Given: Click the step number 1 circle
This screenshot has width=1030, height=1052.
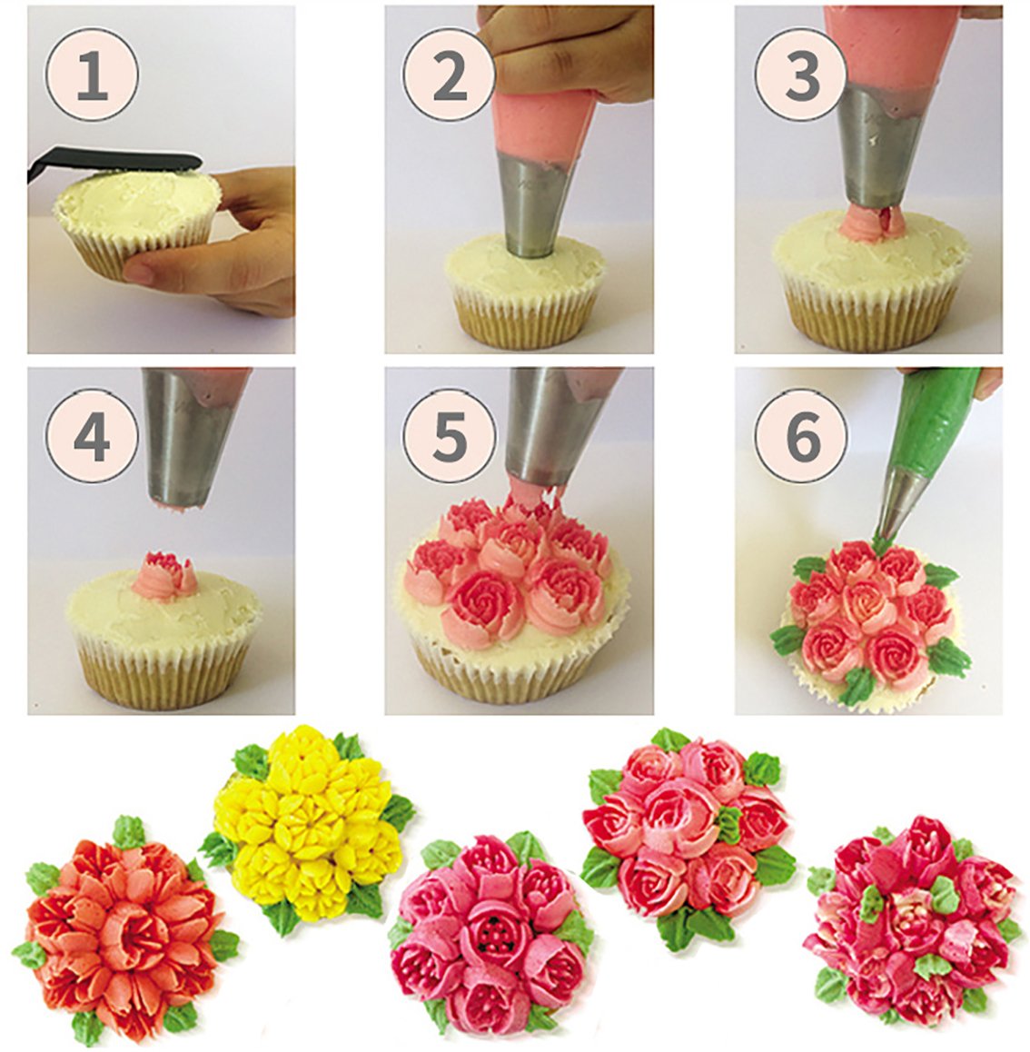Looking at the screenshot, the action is [x=93, y=75].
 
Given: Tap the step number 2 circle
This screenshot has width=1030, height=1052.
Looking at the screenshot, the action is [x=450, y=75].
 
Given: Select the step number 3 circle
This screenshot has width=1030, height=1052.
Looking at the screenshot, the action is [x=801, y=75].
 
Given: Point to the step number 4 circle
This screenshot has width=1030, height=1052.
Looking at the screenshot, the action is [x=93, y=438].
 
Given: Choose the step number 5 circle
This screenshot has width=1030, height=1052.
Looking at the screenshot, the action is [x=450, y=438].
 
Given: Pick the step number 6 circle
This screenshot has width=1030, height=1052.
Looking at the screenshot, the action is [x=801, y=438].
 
